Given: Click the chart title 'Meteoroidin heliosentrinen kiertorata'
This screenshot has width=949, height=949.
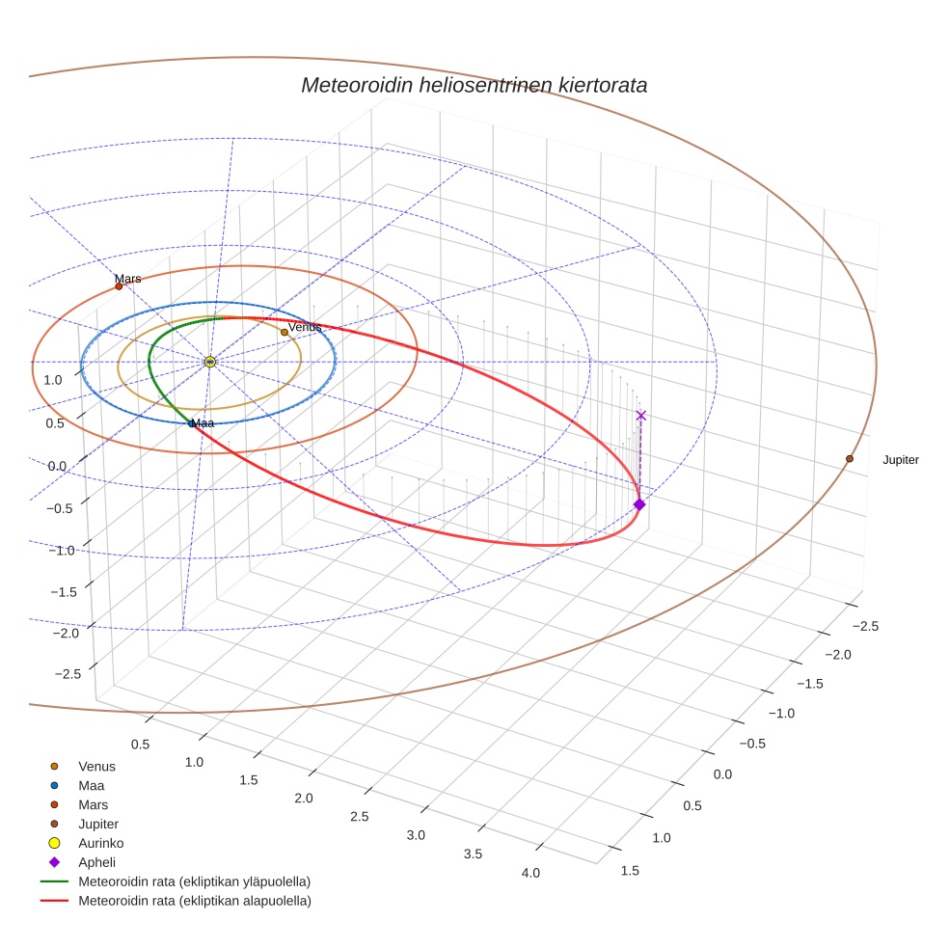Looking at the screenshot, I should pos(474,85).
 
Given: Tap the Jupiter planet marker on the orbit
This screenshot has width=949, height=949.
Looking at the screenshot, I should pos(850,458).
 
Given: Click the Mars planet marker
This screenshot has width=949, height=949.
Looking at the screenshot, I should pos(119,285).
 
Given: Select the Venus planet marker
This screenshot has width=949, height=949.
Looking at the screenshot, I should pos(285,333).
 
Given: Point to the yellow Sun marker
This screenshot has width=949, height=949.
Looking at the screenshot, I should pos(210,362).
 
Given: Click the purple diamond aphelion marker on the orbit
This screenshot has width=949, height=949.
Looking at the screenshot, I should pos(638,504).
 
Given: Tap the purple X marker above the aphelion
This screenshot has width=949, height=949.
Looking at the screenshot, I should pos(641,416).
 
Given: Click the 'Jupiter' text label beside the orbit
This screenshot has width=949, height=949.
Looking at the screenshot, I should pos(901,460).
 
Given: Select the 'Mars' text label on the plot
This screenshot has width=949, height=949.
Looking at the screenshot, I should pos(128,279).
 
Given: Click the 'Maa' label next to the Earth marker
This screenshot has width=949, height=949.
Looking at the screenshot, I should pos(203,423).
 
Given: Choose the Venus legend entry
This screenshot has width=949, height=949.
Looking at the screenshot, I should pos(96,767).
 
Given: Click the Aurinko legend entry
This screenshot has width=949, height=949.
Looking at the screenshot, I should pos(100,843).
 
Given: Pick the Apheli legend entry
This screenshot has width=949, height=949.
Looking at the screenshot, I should pos(96,862).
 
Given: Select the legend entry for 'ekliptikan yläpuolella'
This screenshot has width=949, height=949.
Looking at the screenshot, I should pos(194,881).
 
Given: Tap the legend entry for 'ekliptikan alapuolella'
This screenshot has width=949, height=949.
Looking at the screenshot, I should pos(194,901).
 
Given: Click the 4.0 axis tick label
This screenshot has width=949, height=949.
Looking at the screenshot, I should pos(529,873).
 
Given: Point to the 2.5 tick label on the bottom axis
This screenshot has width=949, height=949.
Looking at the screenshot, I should pos(360,817).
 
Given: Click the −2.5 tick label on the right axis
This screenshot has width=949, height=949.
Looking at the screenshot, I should pos(864,627).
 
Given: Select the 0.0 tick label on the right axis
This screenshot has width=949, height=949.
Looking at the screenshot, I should pos(722,774).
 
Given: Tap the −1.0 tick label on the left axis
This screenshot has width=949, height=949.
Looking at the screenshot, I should pos(61,551).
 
